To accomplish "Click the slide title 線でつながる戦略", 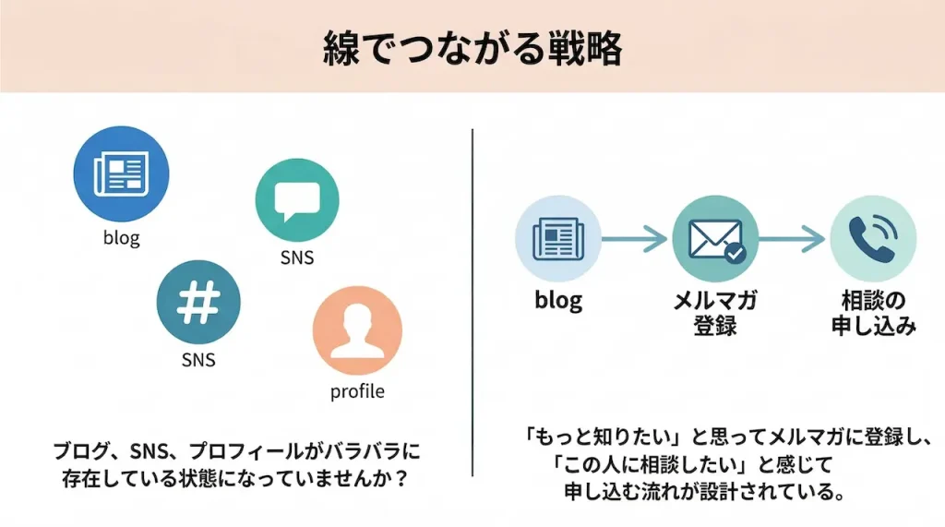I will pyautogui.click(x=472, y=48).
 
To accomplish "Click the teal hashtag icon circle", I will pyautogui.click(x=198, y=303).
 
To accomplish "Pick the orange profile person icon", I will pyautogui.click(x=357, y=330).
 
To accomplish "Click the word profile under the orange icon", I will pyautogui.click(x=357, y=391).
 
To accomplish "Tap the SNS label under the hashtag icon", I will pyautogui.click(x=197, y=359).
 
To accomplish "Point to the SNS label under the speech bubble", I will pyautogui.click(x=296, y=258).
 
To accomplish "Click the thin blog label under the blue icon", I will pyautogui.click(x=121, y=239).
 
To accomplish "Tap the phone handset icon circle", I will pyautogui.click(x=872, y=238).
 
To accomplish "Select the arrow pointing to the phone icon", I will pyautogui.click(x=793, y=239).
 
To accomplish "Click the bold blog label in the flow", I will pyautogui.click(x=557, y=300).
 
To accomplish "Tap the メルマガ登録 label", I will pyautogui.click(x=715, y=312).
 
